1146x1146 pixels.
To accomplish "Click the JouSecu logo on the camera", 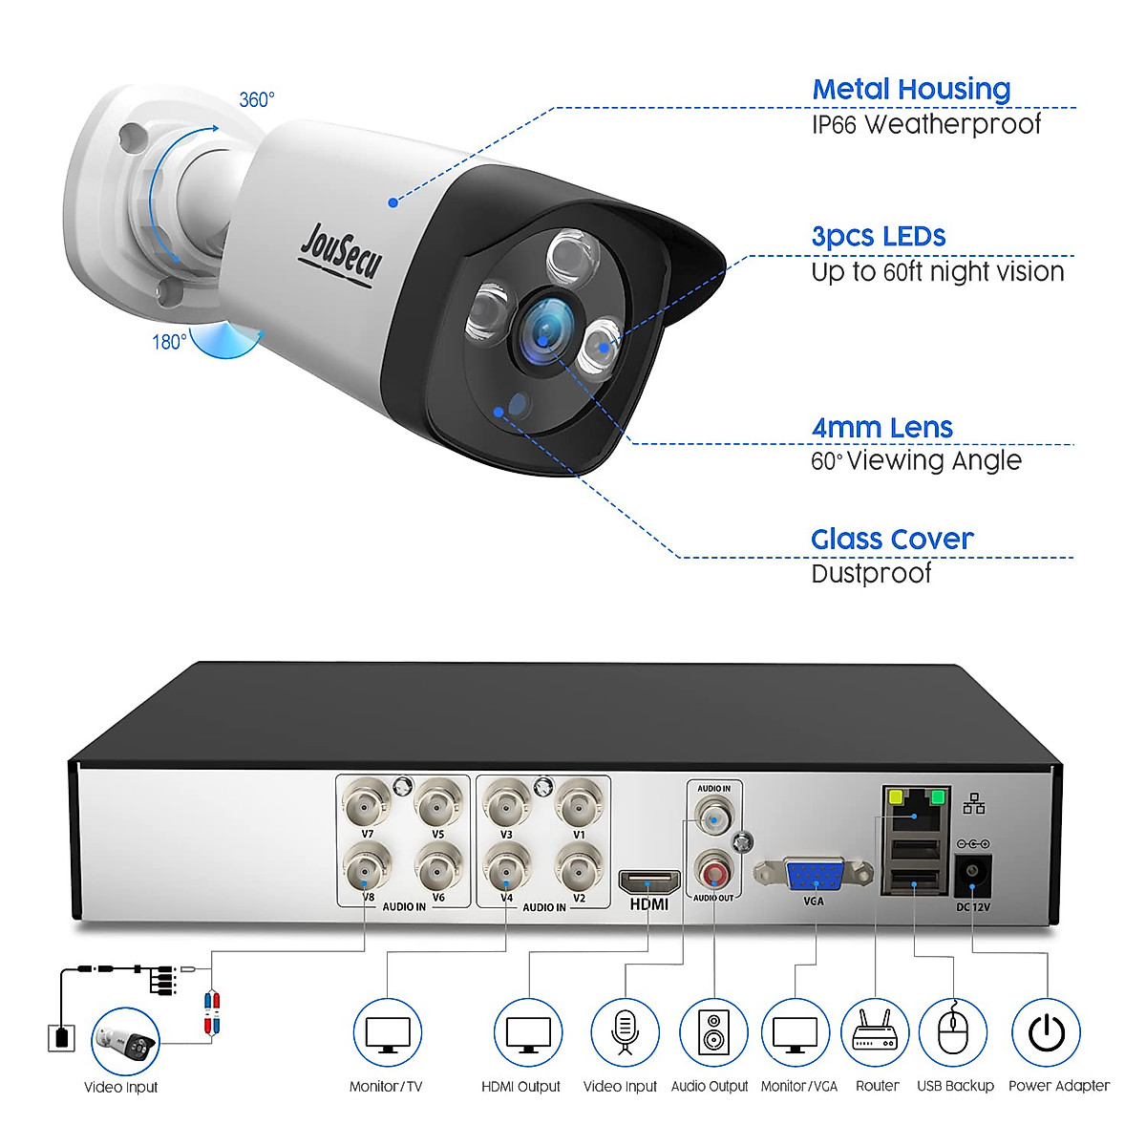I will click(x=340, y=251).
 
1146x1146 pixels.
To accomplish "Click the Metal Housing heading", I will click(x=911, y=90).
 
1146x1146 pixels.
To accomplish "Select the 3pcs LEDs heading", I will click(x=879, y=237).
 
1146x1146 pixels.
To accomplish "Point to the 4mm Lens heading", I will click(x=881, y=428).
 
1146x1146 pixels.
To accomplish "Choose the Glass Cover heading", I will click(x=892, y=540).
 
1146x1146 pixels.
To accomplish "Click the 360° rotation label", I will click(x=256, y=99).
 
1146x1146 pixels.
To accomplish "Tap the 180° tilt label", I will click(x=168, y=341).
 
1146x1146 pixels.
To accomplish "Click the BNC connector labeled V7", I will click(x=368, y=803).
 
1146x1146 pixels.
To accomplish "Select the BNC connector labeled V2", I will click(x=578, y=868).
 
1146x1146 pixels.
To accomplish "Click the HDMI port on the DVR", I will click(x=648, y=881).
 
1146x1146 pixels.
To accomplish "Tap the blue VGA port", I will click(x=813, y=875).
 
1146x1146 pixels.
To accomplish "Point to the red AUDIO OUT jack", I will click(x=713, y=872).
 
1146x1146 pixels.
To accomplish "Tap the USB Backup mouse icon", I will click(x=953, y=1032).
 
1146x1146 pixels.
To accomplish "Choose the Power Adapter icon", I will click(x=1046, y=1032).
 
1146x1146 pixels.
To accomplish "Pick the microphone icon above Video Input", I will click(x=625, y=1032).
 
